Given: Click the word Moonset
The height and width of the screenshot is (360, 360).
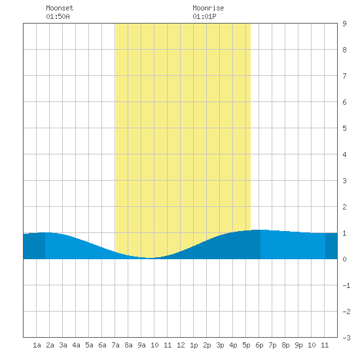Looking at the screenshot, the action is [60, 8].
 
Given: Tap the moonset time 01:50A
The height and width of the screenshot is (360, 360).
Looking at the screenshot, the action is [58, 16].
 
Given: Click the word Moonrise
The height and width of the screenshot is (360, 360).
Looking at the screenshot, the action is [208, 8].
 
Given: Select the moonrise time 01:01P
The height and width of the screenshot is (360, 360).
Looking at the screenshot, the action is [204, 16].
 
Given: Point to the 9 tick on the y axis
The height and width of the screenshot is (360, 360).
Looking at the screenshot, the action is [344, 24].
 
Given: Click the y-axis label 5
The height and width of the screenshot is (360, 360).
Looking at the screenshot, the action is [344, 128].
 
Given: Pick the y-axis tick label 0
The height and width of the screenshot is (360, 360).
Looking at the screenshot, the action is [344, 259].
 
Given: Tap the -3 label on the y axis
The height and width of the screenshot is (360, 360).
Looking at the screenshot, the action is [346, 338].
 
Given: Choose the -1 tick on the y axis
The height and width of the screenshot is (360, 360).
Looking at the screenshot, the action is [346, 285].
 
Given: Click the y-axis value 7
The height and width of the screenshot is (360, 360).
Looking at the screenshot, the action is [344, 76].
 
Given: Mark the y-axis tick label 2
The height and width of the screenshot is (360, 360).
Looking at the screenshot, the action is [344, 207].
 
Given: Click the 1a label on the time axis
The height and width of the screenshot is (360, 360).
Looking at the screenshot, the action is [37, 345].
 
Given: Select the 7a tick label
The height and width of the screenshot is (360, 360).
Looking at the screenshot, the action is [115, 345].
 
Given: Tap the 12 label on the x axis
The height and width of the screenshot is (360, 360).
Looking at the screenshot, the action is [181, 345].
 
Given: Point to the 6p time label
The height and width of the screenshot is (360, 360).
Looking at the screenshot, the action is [259, 345].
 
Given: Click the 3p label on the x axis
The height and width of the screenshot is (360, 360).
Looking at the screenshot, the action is [220, 345].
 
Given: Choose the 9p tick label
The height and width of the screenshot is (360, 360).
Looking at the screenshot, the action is [298, 345].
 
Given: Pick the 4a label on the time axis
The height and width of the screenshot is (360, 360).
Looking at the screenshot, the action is [76, 345].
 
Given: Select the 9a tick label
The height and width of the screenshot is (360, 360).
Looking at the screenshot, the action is [141, 345].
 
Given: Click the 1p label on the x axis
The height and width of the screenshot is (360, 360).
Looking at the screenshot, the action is [194, 345].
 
